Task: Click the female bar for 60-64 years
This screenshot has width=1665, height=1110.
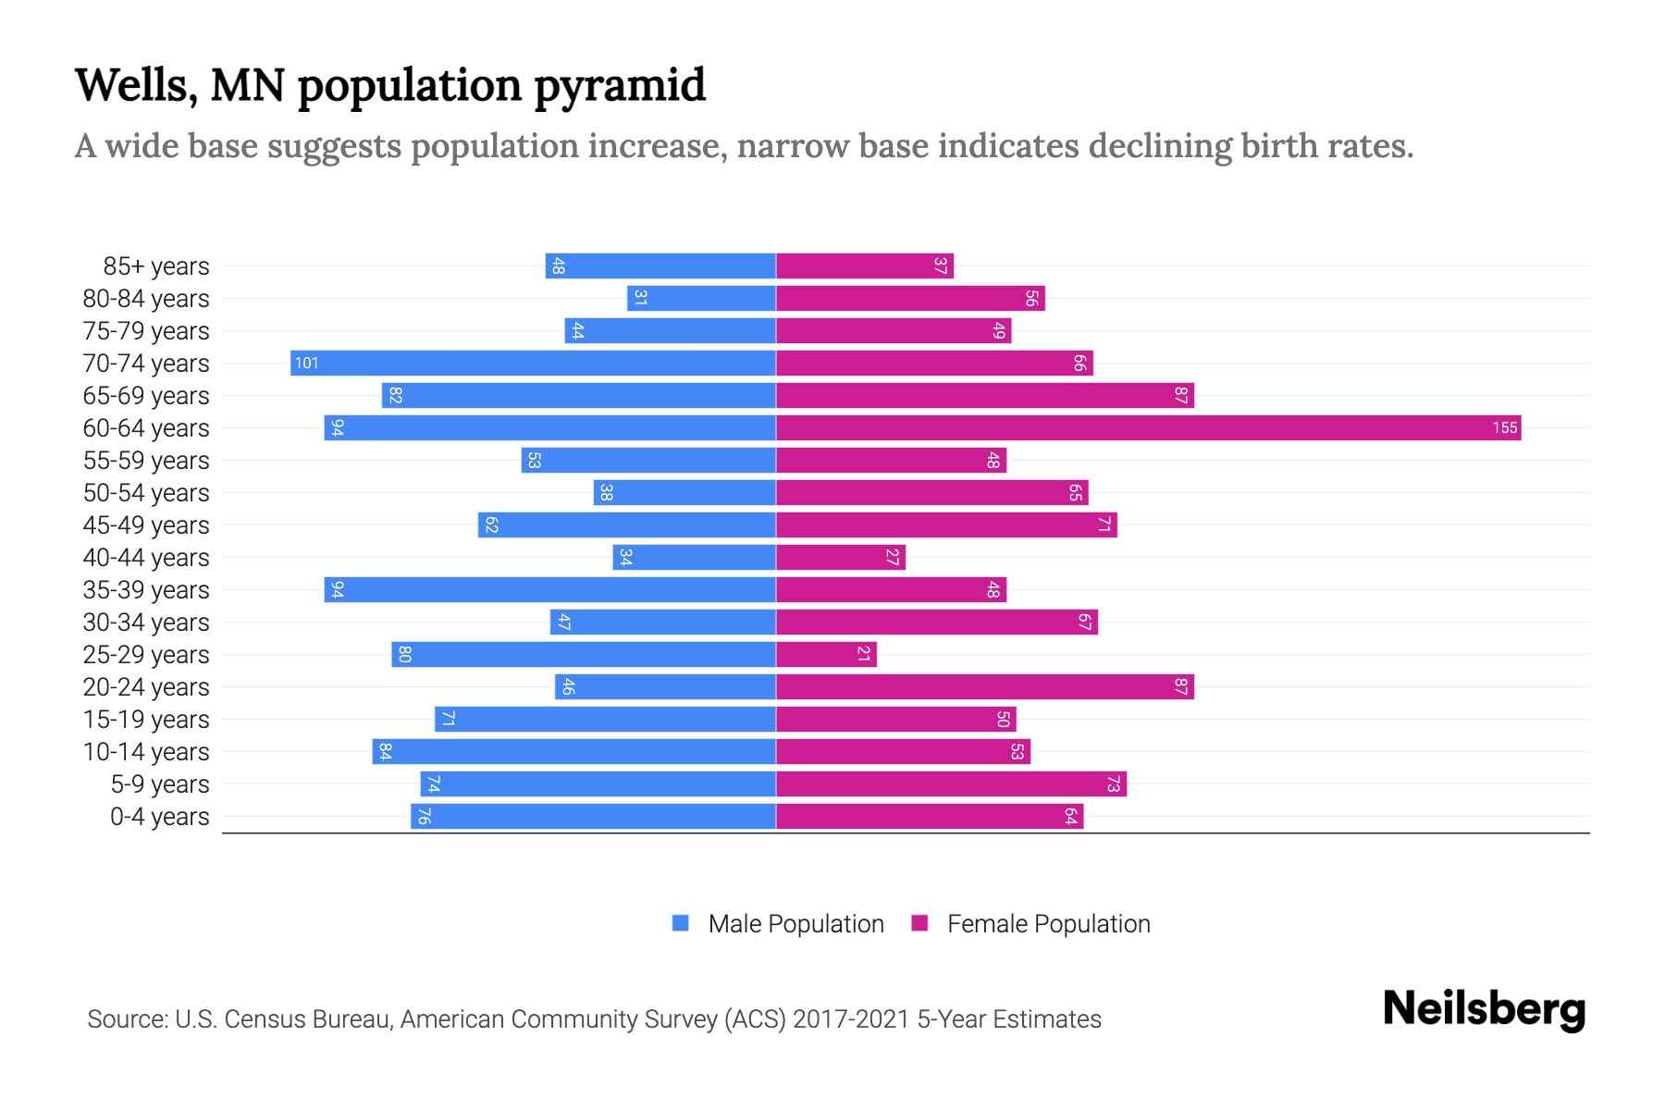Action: pyautogui.click(x=1147, y=427)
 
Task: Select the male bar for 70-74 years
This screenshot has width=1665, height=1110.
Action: pyautogui.click(x=533, y=363)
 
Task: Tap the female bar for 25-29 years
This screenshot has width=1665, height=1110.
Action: pyautogui.click(x=826, y=654)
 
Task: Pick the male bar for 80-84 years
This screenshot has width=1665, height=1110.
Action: pyautogui.click(x=701, y=298)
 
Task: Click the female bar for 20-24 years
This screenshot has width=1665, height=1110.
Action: pyautogui.click(x=984, y=686)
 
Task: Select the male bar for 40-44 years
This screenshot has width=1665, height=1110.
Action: pyautogui.click(x=694, y=557)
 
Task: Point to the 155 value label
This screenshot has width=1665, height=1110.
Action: pyautogui.click(x=1504, y=427)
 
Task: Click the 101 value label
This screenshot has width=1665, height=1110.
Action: pyautogui.click(x=306, y=363)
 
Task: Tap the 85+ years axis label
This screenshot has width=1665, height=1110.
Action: pyautogui.click(x=156, y=266)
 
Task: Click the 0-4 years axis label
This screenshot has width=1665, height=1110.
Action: pyautogui.click(x=159, y=817)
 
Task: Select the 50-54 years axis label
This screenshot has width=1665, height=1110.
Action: pyautogui.click(x=146, y=493)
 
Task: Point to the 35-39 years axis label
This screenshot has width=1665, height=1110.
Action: pyautogui.click(x=146, y=590)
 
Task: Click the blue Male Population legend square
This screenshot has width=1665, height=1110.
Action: pyautogui.click(x=681, y=923)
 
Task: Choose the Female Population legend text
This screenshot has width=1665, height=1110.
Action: pyautogui.click(x=1048, y=923)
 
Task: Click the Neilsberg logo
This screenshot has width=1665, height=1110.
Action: pyautogui.click(x=1484, y=1008)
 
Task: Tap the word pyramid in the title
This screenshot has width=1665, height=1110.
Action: pyautogui.click(x=620, y=85)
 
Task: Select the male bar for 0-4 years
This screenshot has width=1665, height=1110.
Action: pyautogui.click(x=593, y=816)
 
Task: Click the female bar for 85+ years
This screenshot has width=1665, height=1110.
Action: pyautogui.click(x=864, y=265)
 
